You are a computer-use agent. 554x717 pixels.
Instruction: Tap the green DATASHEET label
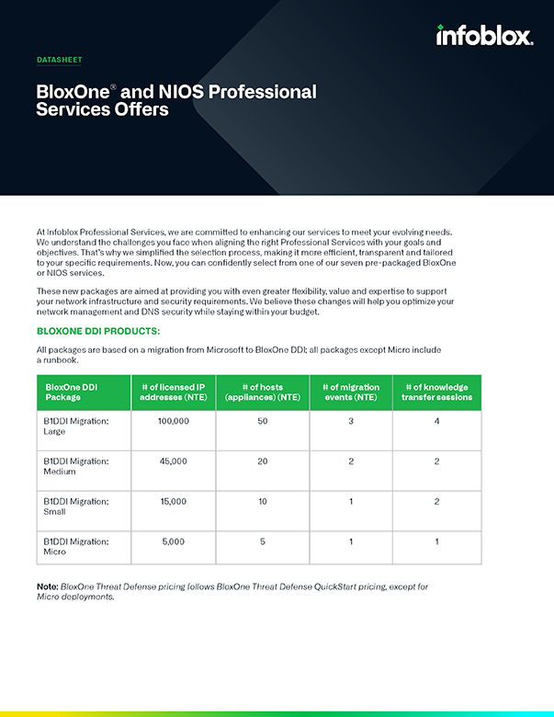click(x=59, y=60)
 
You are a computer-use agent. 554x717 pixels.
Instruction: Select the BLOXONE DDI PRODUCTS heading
click(x=98, y=330)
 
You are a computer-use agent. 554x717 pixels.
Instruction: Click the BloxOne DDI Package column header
click(x=71, y=393)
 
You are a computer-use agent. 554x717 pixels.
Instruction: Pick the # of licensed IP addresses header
click(x=174, y=393)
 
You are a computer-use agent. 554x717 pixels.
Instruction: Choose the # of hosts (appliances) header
click(x=262, y=393)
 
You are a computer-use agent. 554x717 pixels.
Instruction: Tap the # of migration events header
click(x=350, y=393)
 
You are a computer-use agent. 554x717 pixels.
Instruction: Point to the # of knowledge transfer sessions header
click(x=436, y=393)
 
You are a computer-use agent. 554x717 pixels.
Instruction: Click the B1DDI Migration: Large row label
click(x=75, y=426)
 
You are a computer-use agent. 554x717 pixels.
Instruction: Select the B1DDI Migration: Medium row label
click(x=75, y=466)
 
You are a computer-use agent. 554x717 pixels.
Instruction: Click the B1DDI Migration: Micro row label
click(x=75, y=547)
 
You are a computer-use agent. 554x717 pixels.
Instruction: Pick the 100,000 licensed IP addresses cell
click(x=174, y=420)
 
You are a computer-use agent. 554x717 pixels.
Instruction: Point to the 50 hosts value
click(x=262, y=420)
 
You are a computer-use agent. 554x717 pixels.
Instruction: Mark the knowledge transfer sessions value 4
click(x=436, y=420)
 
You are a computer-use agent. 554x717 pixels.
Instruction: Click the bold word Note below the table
click(x=47, y=586)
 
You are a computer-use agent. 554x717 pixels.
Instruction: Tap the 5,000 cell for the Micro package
click(x=174, y=541)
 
